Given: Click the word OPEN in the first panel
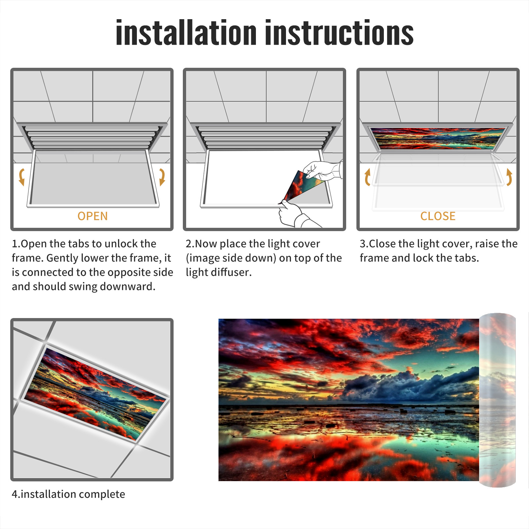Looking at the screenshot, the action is tap(93, 216).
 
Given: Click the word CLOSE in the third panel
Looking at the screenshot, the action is tap(438, 216).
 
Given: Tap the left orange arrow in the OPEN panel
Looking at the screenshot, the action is tap(22, 177).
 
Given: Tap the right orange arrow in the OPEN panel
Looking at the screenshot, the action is tap(162, 177).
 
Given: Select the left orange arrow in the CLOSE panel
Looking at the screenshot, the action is tap(367, 177).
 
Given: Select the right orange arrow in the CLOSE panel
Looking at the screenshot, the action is tap(509, 177).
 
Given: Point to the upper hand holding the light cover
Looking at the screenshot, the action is tap(322, 170).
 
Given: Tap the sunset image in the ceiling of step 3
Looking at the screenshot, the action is tap(438, 138).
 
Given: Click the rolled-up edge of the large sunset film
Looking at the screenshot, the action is tap(497, 400).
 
